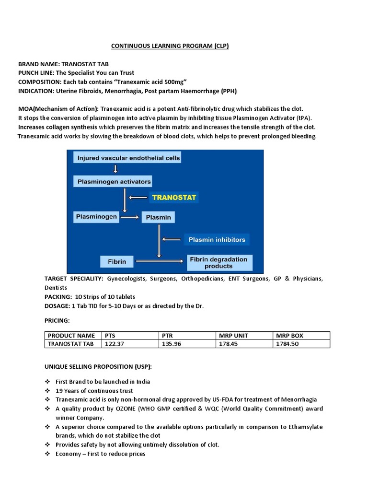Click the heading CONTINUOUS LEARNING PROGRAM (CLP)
170,46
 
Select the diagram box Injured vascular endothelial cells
127,157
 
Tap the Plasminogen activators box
114,182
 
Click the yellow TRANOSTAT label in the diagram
174,197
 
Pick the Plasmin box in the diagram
158,218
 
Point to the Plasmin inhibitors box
217,239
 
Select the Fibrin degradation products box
218,262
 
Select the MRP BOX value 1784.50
287,344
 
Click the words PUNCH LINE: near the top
35,72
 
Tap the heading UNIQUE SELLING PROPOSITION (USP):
98,367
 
